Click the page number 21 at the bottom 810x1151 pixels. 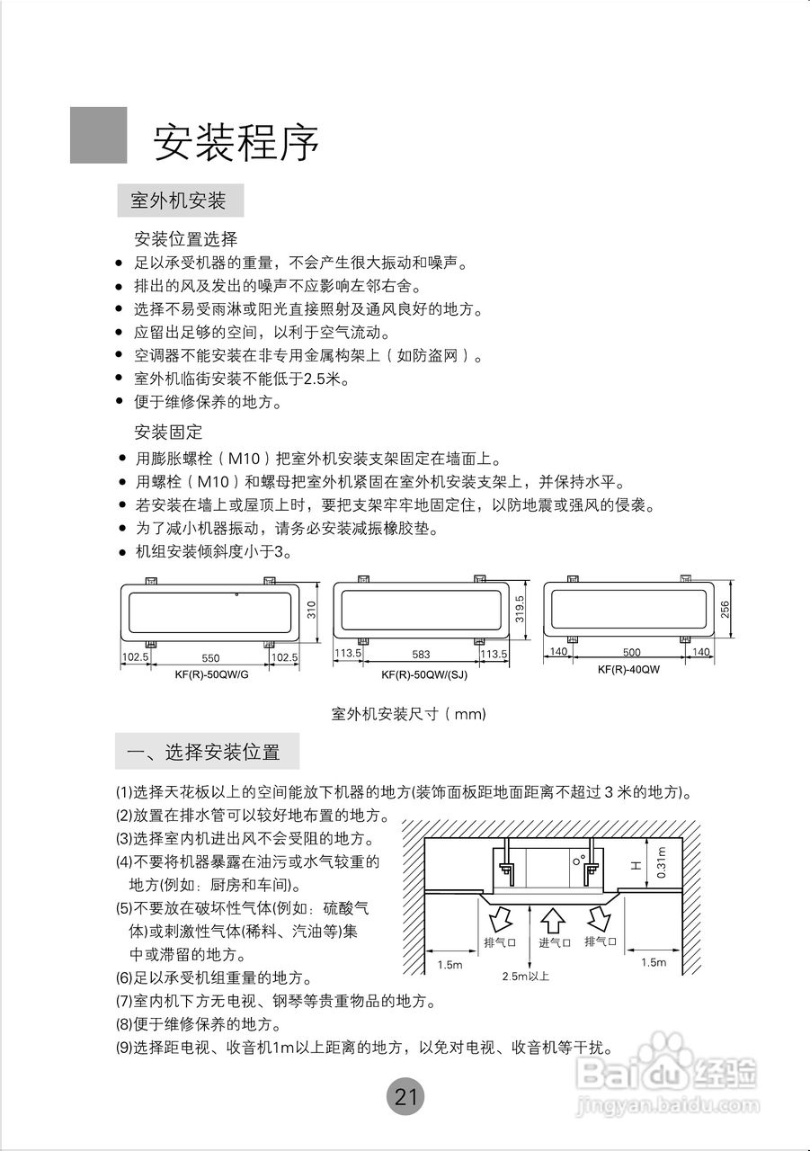tap(405, 1097)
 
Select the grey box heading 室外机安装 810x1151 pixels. tap(180, 200)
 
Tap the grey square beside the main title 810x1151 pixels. tap(99, 136)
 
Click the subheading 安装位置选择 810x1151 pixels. tap(185, 239)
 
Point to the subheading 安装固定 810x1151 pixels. tap(168, 432)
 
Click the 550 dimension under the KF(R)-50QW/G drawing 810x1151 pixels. tap(209, 658)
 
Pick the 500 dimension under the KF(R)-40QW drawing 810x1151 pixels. tap(630, 652)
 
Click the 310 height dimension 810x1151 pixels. tap(312, 611)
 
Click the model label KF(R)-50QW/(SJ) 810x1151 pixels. tap(420, 674)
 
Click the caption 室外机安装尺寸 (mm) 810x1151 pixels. tap(408, 714)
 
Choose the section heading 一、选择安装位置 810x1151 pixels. tap(208, 752)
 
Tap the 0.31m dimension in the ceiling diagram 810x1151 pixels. tap(663, 862)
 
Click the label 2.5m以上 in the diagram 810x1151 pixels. tap(526, 976)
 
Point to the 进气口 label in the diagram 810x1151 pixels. tap(555, 942)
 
